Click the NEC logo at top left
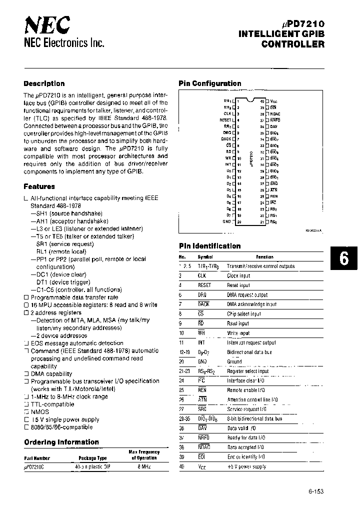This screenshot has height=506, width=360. tap(47, 23)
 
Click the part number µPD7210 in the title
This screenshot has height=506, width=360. tap(303, 24)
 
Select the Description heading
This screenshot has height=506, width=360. tap(44, 83)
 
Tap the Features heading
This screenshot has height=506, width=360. tap(39, 186)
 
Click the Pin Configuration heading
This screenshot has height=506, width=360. tap(209, 83)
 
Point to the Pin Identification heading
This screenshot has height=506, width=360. tap(209, 246)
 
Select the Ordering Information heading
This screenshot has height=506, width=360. tap(61, 442)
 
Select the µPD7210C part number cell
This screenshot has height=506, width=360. tap(34, 465)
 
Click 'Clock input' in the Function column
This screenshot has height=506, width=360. tap(238, 275)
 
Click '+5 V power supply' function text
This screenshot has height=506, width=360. tap(246, 466)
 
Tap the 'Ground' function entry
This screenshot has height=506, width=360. tap(234, 361)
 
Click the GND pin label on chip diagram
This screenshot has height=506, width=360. tap(226, 221)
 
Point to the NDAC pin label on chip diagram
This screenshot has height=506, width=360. tap(275, 113)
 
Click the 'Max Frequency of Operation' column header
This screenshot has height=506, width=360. tap(144, 454)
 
